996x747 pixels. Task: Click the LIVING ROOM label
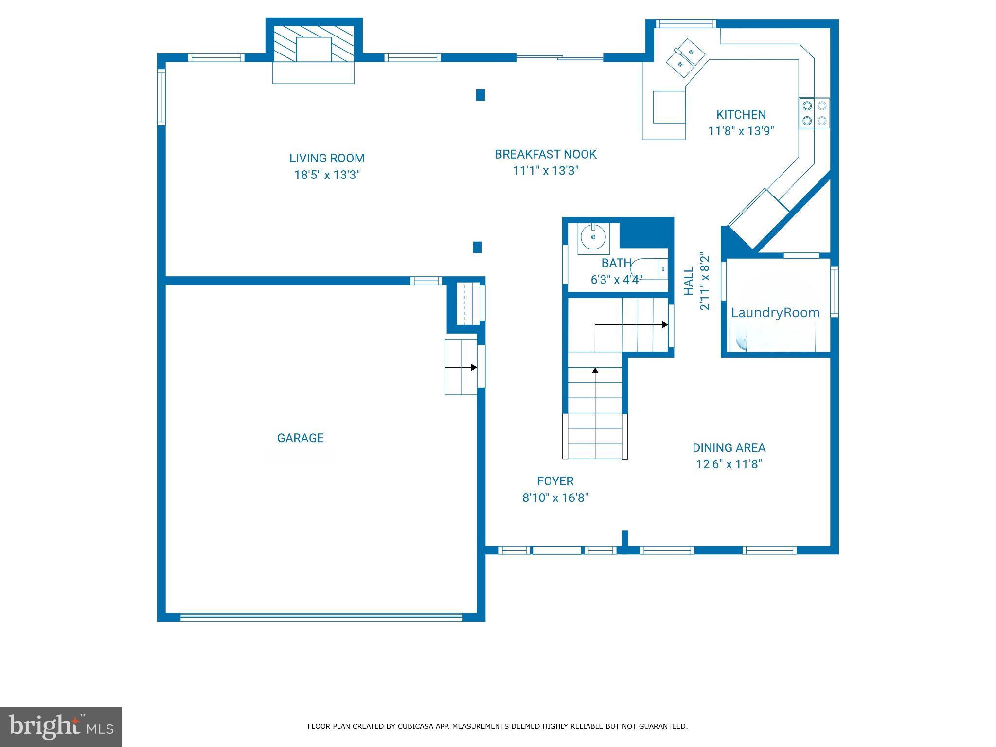click(x=326, y=158)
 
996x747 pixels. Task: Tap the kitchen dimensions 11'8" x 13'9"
click(x=741, y=131)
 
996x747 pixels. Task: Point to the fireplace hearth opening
click(x=314, y=50)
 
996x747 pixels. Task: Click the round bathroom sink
click(x=593, y=237)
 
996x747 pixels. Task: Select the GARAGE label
click(x=300, y=438)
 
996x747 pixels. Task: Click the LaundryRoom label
click(x=775, y=313)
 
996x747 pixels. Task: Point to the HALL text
click(x=688, y=281)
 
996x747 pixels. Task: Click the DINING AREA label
click(x=729, y=447)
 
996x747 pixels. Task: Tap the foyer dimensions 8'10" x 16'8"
click(x=555, y=498)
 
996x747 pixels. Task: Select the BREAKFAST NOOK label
click(x=545, y=154)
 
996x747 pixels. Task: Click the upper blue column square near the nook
click(x=480, y=95)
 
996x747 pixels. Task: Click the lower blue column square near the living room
click(x=478, y=248)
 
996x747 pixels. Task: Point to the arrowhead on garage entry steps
click(x=474, y=367)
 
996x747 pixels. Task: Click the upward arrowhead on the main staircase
click(x=595, y=371)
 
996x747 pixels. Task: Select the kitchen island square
click(x=669, y=107)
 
